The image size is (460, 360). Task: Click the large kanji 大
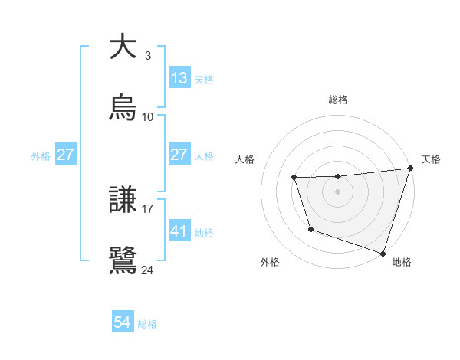coord(123,47)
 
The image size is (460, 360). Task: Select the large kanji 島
coord(123,108)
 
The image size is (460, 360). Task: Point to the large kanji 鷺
coord(123,260)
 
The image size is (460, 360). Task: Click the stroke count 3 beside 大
coord(148,56)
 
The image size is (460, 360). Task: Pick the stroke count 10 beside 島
coord(148,117)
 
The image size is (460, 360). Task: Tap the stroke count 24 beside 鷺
coord(148,270)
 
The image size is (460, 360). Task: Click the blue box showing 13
coord(179,78)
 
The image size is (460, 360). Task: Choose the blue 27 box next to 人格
coord(179,154)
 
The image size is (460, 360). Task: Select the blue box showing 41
coord(179,231)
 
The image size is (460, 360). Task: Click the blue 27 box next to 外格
coord(66,154)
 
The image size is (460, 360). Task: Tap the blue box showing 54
coord(123,322)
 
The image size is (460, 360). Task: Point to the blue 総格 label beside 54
coord(147,324)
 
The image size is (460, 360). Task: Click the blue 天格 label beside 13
coord(204,80)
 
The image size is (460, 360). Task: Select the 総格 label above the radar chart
coord(338,100)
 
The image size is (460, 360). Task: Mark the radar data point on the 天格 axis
coord(410,169)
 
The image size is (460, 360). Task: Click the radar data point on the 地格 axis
coord(383,253)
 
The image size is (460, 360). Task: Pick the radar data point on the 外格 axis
coord(310,229)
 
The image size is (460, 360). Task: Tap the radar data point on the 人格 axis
coord(294,178)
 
